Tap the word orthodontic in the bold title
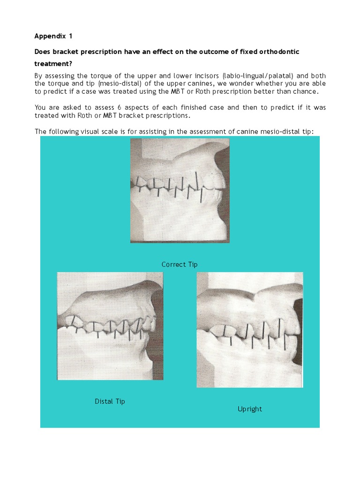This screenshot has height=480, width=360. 276,51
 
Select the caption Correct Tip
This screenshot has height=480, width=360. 180,264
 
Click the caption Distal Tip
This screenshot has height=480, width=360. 110,401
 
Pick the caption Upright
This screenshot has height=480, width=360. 249,409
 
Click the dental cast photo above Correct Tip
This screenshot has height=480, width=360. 180,190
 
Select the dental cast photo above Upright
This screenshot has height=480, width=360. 249,330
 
